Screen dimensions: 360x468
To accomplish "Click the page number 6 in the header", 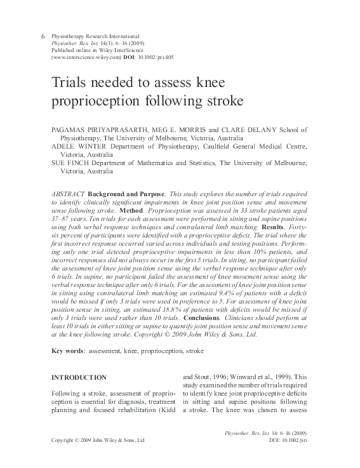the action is point(43,37).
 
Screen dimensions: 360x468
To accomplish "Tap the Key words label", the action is point(67,350).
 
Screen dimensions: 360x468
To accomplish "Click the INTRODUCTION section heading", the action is point(79,377).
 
